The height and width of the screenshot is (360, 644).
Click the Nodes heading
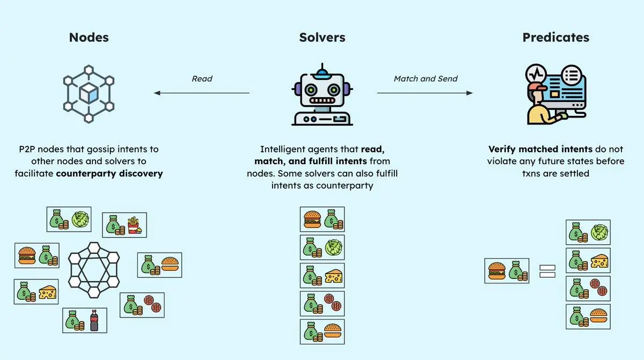89,37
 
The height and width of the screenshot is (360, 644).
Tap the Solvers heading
322,37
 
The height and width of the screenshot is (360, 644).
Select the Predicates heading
555,37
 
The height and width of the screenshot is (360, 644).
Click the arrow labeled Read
202,93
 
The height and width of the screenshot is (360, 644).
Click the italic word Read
202,78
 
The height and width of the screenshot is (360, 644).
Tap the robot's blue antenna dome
322,71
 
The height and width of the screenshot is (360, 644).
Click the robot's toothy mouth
322,100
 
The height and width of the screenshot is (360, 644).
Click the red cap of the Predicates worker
537,86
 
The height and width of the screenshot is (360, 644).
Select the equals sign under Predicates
547,271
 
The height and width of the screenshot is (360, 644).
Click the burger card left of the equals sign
507,271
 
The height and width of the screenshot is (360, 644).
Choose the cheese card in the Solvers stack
322,275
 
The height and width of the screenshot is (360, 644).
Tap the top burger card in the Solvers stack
322,219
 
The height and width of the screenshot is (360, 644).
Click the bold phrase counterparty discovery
109,173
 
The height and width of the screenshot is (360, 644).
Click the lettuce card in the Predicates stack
588,232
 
